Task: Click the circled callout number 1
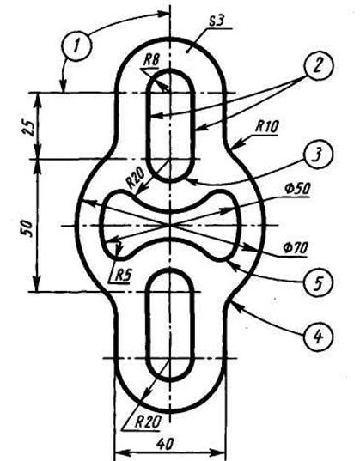76,46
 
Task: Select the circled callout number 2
319,65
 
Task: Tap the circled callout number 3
318,154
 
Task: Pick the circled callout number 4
318,336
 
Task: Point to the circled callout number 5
318,282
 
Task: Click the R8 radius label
151,60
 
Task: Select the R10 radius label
266,127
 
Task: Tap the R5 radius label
123,276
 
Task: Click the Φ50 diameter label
296,189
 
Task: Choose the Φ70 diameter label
295,248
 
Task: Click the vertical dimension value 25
29,127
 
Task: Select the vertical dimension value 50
27,227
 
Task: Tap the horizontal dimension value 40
165,444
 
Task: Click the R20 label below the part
148,422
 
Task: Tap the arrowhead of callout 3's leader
192,180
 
